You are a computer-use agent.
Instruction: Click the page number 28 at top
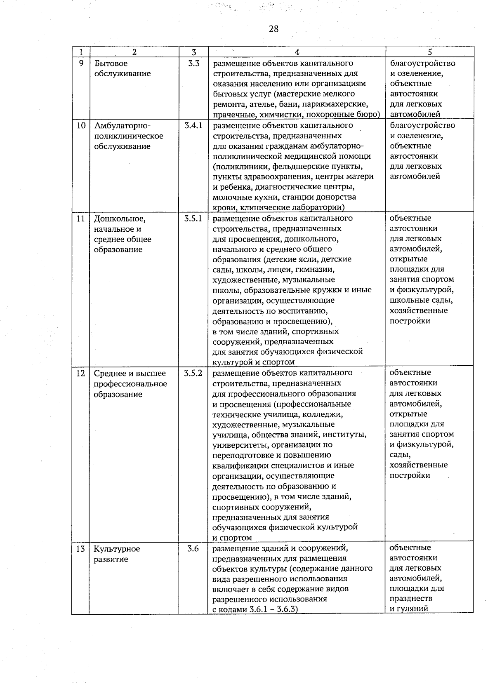point(273,29)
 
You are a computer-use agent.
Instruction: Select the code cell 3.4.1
point(193,125)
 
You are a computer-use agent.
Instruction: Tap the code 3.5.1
point(193,219)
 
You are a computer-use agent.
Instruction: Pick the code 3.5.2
point(193,373)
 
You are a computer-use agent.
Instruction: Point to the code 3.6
point(193,549)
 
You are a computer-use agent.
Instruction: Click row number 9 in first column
point(81,63)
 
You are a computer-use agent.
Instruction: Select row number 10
point(81,125)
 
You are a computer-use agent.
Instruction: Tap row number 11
point(81,219)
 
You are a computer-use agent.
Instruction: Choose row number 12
point(81,373)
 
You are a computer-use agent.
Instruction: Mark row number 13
point(80,549)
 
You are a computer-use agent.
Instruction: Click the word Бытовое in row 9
point(111,63)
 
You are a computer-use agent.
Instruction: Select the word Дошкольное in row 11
point(120,219)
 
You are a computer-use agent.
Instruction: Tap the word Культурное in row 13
point(117,549)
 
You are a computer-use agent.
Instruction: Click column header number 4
point(297,52)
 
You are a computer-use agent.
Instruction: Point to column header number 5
point(430,52)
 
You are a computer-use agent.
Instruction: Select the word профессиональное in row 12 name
point(130,384)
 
